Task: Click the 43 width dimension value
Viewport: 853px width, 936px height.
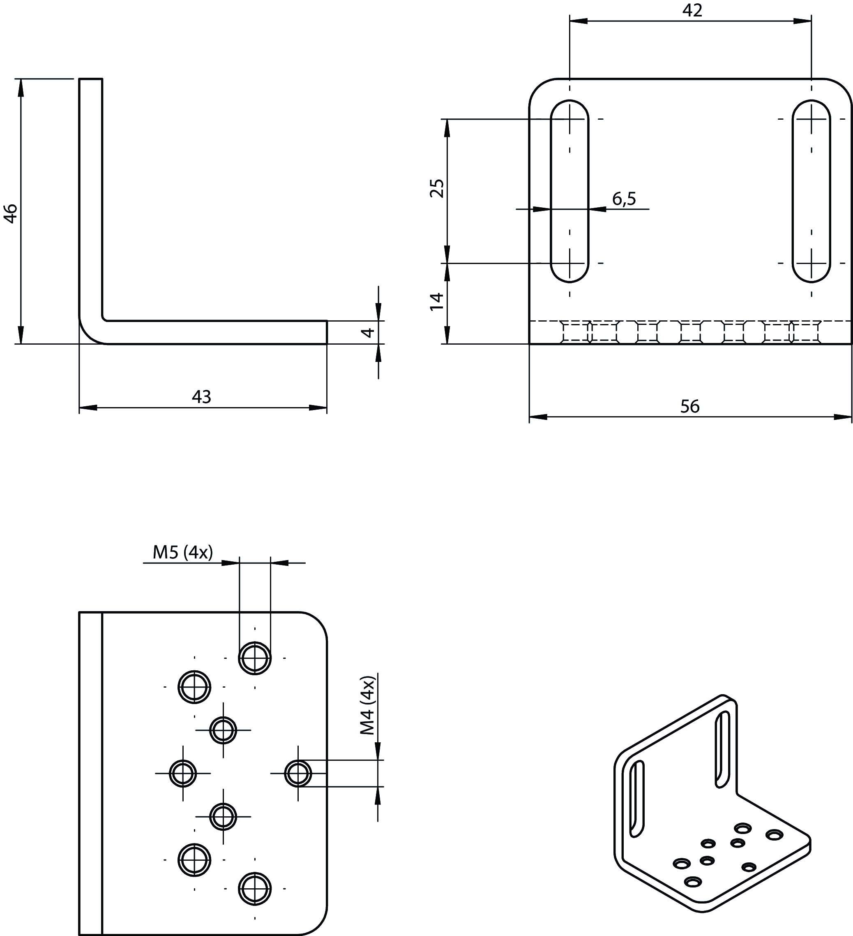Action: [x=201, y=397]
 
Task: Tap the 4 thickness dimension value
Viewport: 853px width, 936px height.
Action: [x=368, y=332]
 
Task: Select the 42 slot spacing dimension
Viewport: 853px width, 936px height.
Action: [x=692, y=11]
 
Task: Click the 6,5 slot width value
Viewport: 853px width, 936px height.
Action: [x=624, y=199]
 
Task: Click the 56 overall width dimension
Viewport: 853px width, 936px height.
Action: [x=690, y=407]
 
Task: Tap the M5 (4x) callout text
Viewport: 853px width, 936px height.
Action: [x=183, y=552]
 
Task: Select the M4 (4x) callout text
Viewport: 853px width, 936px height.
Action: [x=368, y=706]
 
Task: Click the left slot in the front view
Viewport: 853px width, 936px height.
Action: [x=569, y=191]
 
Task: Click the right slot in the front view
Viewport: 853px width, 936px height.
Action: [x=811, y=191]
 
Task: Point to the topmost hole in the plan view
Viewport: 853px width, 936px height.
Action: [x=255, y=658]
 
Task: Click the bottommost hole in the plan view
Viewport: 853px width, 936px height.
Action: [x=255, y=889]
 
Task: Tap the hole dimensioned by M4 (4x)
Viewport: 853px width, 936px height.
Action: [x=298, y=774]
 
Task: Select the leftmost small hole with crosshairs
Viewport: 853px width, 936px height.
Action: [x=183, y=774]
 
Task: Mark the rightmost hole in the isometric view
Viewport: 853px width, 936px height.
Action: [x=774, y=835]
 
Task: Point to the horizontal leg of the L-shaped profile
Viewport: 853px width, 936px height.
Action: [x=213, y=332]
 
